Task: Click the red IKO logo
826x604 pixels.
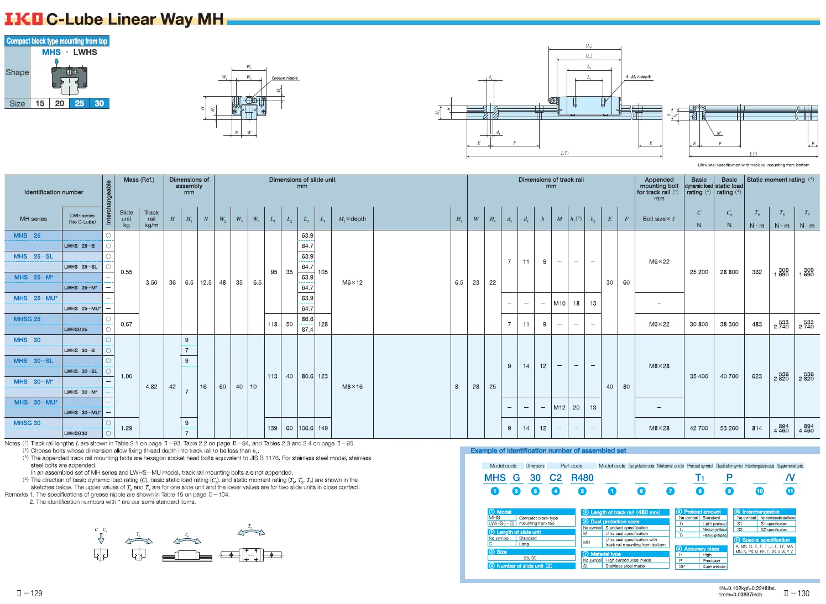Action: coord(23,19)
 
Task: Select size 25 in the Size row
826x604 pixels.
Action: coord(80,103)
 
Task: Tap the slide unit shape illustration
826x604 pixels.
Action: coord(69,77)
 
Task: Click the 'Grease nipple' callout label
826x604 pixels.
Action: coord(284,78)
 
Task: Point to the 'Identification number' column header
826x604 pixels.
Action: coord(54,192)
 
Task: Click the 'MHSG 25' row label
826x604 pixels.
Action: coord(27,319)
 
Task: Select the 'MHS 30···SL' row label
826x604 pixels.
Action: coord(33,361)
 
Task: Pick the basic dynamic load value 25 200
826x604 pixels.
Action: coord(699,272)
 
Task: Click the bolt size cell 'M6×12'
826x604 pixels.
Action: coord(352,282)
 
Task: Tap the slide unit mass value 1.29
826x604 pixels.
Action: coord(127,428)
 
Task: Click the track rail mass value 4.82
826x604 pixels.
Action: coord(151,387)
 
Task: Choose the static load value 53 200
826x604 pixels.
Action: coord(729,428)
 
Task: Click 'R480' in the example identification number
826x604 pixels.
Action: coord(582,478)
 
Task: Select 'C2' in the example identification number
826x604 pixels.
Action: coord(555,478)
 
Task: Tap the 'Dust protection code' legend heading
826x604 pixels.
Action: coord(614,522)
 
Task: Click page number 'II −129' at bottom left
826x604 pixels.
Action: coord(29,593)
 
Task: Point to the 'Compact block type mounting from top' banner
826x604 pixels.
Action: coord(57,41)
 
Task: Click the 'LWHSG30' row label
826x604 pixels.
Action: coord(76,434)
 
